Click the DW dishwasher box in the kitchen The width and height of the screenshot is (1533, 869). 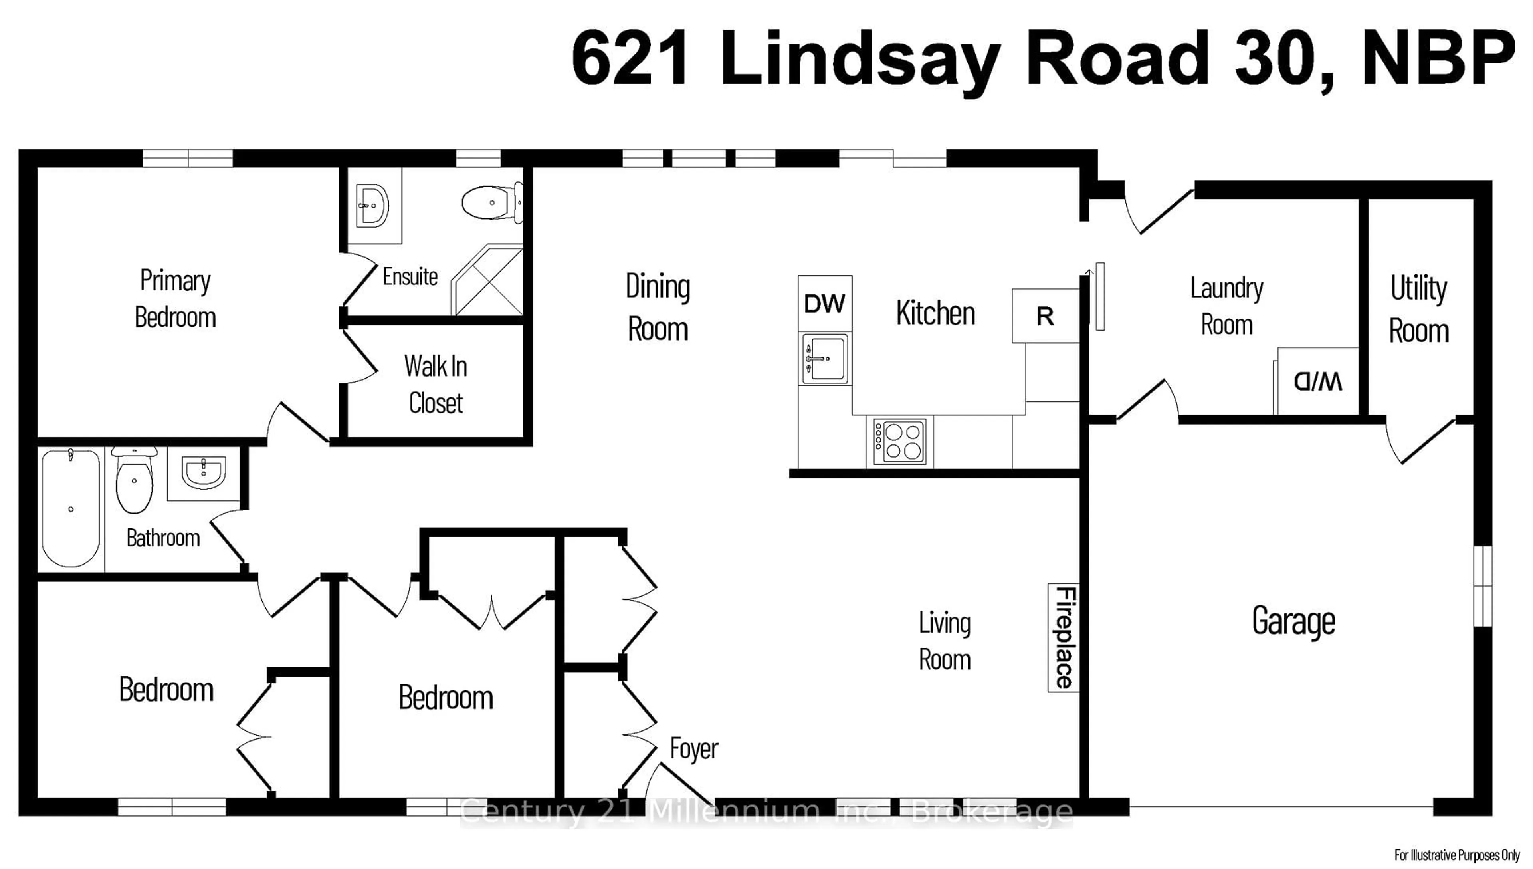point(824,304)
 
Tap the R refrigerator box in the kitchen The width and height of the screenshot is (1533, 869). point(1045,316)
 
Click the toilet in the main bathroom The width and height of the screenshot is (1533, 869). point(134,482)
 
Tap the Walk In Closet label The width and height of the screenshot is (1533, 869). point(436,384)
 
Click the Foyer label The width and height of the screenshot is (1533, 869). point(694,748)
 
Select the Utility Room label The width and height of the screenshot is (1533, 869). point(1418,309)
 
